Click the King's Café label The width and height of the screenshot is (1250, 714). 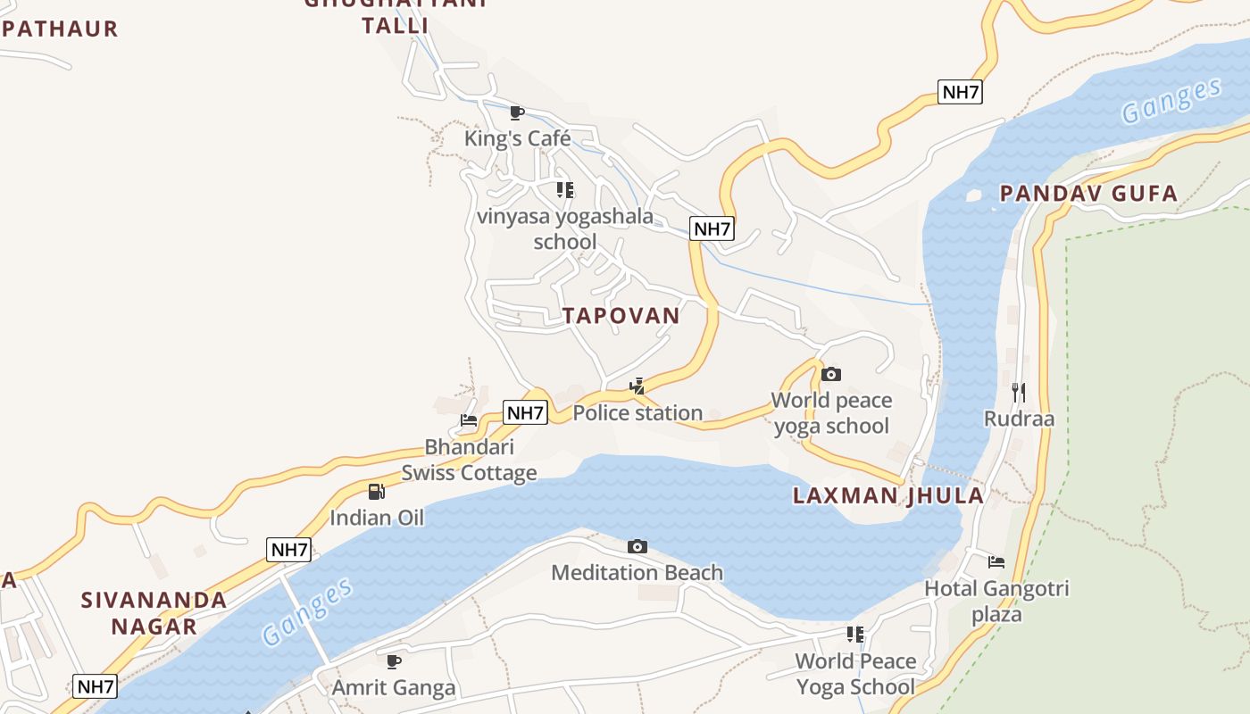click(x=517, y=138)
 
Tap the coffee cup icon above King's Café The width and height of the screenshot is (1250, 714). click(x=516, y=112)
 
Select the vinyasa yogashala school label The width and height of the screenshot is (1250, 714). click(x=564, y=228)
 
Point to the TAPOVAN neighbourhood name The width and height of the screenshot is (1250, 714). click(x=621, y=315)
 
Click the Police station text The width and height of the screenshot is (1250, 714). click(x=637, y=412)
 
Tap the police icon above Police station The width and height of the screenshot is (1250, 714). click(x=637, y=386)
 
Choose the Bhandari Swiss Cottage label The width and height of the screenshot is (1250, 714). click(x=469, y=459)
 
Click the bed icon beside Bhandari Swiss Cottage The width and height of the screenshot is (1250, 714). click(x=469, y=419)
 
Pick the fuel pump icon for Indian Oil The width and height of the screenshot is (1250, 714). click(x=377, y=492)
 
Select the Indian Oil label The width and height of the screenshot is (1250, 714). click(x=377, y=518)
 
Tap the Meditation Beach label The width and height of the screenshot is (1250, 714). click(x=637, y=572)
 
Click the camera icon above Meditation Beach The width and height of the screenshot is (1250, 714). click(x=637, y=546)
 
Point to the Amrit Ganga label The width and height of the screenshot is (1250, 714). click(x=394, y=687)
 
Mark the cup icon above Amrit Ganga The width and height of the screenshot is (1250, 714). click(x=393, y=661)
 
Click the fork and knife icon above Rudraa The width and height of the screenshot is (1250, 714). click(x=1019, y=392)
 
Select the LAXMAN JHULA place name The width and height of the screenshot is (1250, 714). click(x=888, y=496)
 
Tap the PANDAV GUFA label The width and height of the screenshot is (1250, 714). click(x=1088, y=194)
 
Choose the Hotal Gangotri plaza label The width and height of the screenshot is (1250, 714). click(x=996, y=601)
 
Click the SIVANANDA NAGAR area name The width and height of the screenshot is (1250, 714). click(x=154, y=612)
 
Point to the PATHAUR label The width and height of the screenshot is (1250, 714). click(x=60, y=29)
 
